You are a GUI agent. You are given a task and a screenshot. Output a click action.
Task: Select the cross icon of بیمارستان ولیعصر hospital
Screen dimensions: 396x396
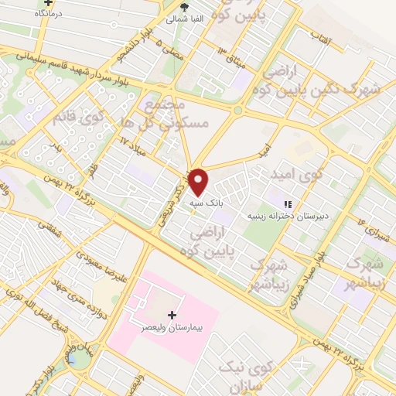172,315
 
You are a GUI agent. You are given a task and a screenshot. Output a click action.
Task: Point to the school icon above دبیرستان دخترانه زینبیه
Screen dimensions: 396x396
288,204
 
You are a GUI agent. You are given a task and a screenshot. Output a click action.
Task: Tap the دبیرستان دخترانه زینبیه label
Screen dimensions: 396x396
285,217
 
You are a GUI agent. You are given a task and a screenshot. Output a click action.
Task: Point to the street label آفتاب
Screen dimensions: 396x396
317,36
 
